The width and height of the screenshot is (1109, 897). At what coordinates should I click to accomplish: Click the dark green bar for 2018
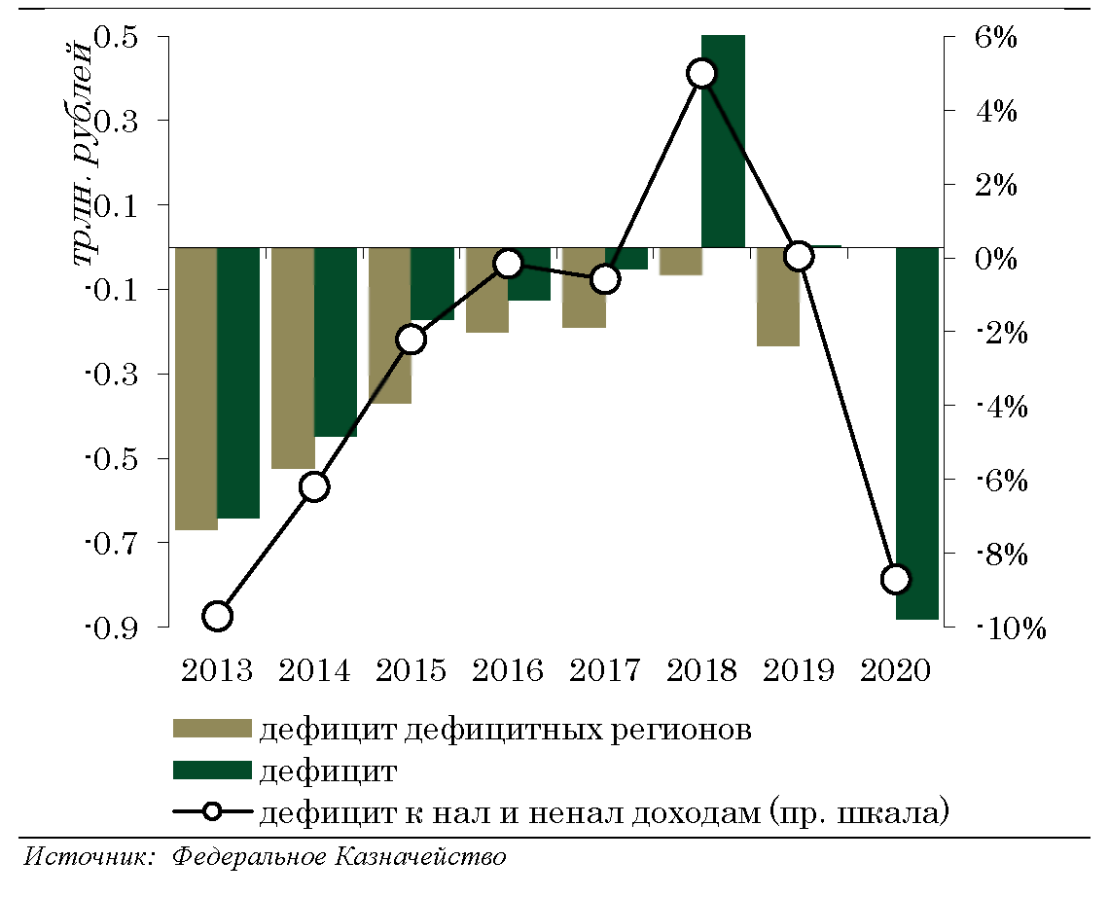pos(723,141)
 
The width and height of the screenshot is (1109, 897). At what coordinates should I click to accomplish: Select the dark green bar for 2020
pos(917,433)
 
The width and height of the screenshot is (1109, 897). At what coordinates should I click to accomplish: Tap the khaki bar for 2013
pos(196,388)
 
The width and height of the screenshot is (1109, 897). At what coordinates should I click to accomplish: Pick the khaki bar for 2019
pos(778,297)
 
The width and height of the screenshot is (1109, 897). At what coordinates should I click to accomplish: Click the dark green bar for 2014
pos(336,341)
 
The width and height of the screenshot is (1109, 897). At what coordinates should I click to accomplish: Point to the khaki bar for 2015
pos(390,325)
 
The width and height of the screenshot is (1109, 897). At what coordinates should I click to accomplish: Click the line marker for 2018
pos(701,74)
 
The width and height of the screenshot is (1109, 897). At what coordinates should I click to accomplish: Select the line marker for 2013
pos(217,616)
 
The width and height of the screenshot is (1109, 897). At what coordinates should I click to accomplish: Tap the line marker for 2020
pos(896,579)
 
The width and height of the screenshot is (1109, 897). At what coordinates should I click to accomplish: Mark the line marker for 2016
pos(508,264)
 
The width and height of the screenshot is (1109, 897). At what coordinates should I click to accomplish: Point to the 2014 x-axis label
pos(314,671)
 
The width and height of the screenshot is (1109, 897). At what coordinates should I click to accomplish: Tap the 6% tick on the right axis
pos(994,37)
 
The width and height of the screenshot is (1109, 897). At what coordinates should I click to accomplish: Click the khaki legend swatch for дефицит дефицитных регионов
pos(212,729)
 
